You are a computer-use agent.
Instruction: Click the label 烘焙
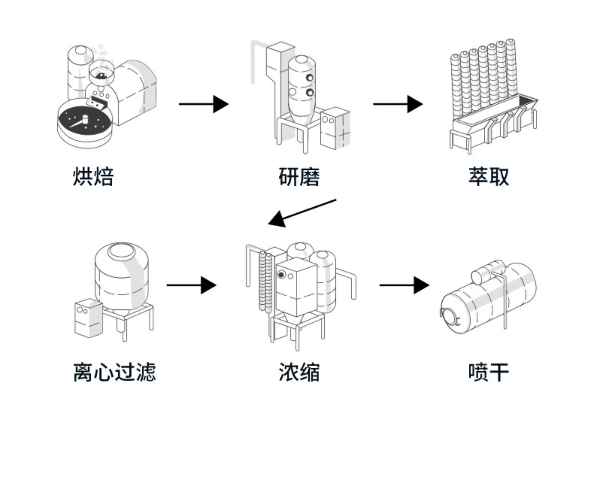93,177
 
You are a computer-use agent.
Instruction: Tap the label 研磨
299,177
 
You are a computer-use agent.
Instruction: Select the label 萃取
489,177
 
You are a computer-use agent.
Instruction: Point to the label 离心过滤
114,372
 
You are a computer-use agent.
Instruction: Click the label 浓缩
299,372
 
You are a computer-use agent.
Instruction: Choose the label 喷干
489,372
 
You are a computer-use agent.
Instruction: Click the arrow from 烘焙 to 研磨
204,104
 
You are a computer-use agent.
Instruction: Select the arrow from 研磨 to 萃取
398,104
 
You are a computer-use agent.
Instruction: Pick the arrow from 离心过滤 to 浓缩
191,285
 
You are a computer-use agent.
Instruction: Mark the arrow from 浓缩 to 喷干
404,285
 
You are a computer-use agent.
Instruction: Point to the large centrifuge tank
122,277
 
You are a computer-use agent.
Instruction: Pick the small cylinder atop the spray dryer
487,271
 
